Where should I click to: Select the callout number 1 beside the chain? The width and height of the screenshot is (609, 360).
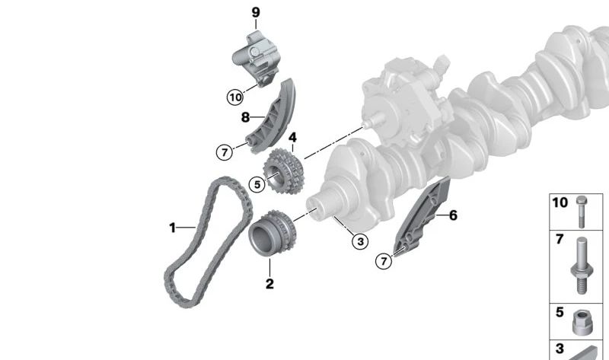tap(172, 227)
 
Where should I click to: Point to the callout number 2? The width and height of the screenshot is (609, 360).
tap(269, 285)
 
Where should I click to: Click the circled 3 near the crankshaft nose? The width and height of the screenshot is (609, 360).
tap(359, 242)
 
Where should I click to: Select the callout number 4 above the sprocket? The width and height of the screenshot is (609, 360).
tap(292, 138)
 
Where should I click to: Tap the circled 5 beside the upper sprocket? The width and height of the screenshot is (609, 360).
tap(257, 183)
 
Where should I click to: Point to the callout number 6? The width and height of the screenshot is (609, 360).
tap(453, 215)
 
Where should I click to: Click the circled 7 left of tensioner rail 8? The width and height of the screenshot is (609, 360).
tap(224, 152)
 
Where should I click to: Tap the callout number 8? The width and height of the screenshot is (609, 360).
tap(245, 117)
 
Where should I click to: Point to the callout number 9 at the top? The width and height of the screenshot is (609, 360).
tap(256, 12)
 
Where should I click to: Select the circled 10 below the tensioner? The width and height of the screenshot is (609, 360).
tap(234, 97)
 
